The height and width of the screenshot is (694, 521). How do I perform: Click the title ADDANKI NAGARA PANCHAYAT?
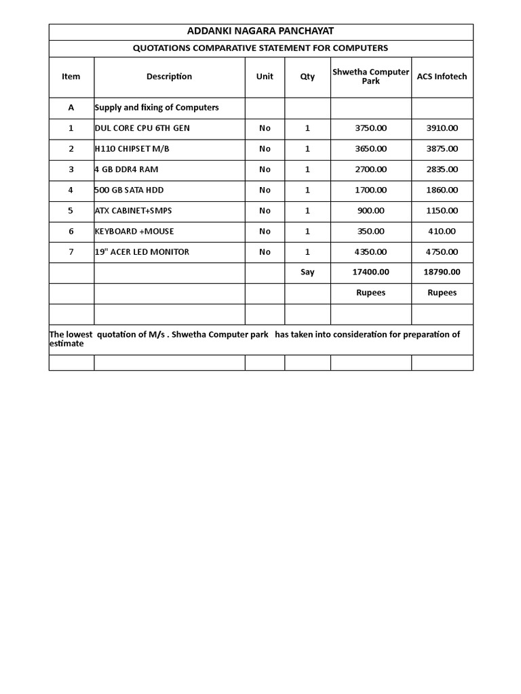click(260, 31)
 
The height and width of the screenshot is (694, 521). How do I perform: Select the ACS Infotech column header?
click(442, 77)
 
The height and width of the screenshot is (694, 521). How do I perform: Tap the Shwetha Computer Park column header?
click(370, 77)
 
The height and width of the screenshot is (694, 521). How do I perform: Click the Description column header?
click(169, 77)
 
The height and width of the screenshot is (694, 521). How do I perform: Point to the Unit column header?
click(265, 77)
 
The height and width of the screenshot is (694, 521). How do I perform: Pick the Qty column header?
click(307, 77)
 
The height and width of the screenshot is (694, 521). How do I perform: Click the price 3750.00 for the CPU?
click(370, 128)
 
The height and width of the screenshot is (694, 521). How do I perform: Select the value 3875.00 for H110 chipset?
click(442, 148)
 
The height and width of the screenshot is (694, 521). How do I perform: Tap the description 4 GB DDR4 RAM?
click(126, 169)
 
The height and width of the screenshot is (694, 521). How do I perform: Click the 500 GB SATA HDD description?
click(129, 190)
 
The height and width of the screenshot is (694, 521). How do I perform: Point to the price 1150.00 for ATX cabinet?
click(442, 211)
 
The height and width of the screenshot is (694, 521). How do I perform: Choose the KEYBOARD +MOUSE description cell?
click(134, 231)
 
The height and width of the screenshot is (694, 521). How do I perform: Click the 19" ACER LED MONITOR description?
click(142, 252)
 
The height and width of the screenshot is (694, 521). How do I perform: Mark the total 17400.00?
click(370, 272)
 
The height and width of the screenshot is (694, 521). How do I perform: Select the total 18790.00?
click(442, 272)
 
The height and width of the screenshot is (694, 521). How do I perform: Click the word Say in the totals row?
click(307, 272)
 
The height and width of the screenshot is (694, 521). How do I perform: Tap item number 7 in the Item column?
click(71, 252)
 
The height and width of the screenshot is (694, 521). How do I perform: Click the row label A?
click(71, 108)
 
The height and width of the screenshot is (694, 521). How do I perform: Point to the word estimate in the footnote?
click(66, 344)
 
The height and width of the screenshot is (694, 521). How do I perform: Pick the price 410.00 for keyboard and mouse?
click(442, 231)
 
